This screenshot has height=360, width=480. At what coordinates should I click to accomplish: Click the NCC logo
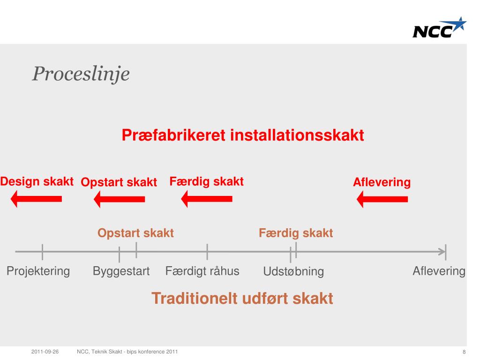coord(439,28)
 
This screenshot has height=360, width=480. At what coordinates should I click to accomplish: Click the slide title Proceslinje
coord(81,74)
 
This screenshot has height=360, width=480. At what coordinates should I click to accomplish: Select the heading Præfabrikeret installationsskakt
coord(243,135)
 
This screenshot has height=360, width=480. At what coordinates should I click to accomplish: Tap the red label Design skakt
coord(37,181)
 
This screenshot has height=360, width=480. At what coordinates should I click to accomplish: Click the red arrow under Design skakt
coord(37,199)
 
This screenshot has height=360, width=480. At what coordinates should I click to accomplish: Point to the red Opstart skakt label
coord(119,182)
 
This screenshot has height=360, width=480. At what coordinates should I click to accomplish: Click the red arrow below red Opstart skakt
coord(120,199)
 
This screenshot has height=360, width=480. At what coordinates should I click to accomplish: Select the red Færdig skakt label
coord(207,181)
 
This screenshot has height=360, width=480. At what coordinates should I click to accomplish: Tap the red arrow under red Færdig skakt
coord(207,199)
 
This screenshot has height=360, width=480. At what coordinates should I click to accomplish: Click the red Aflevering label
coord(382,182)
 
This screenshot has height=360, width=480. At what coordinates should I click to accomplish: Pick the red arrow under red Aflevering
coord(382,199)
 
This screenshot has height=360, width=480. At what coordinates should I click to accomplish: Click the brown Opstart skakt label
coord(135,233)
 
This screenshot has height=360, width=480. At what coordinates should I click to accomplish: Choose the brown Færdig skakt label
coord(296,233)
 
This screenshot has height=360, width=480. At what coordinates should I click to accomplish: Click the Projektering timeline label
coord(38,271)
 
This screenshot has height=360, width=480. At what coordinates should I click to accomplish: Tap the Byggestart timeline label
coord(121,271)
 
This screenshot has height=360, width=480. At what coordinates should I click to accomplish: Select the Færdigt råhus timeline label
coord(202,271)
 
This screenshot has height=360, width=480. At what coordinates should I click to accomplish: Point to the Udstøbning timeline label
coord(293,271)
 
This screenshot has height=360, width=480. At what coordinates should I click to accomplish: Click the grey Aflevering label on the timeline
coord(439,271)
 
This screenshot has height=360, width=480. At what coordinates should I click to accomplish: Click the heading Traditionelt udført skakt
coord(242,298)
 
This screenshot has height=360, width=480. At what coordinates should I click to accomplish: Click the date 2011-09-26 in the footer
coord(45,352)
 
